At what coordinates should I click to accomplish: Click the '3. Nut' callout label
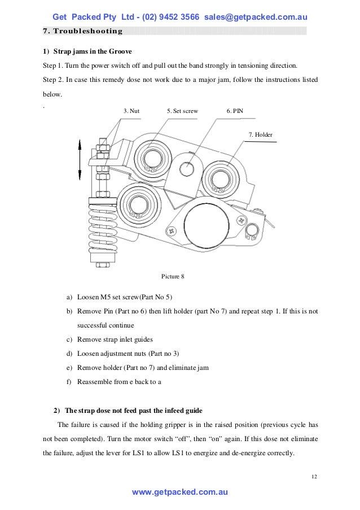[131, 111]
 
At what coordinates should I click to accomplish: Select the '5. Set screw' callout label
[182, 111]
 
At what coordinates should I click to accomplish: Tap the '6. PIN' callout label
[235, 111]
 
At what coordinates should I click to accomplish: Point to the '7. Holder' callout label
[260, 134]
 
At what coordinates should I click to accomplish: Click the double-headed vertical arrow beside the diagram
[80, 160]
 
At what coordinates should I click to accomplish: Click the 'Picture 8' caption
[173, 276]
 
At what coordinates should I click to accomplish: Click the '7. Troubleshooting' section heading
[83, 30]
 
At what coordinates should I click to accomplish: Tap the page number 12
[314, 477]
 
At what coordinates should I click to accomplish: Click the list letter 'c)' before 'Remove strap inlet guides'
[69, 339]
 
